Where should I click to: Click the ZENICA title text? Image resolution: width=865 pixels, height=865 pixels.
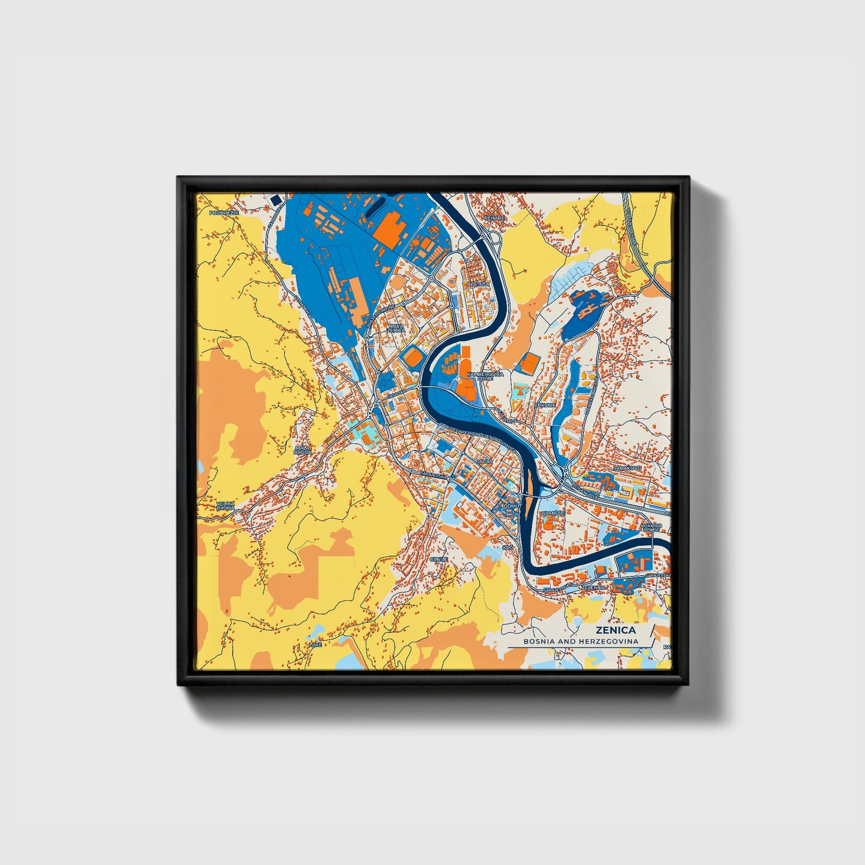[x=615, y=630]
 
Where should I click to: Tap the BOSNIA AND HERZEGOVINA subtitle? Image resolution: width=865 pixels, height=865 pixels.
[x=580, y=641]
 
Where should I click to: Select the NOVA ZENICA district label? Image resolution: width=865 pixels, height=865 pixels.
[x=396, y=328]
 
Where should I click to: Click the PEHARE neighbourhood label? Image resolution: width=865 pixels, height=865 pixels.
[x=495, y=218]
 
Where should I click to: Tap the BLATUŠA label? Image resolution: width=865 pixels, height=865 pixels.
[x=478, y=284]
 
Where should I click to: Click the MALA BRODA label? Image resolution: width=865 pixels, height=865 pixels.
[x=303, y=450]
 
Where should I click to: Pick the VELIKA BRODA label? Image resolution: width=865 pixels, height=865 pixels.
[x=226, y=506]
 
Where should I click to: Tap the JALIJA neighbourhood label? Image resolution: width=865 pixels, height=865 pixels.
[x=485, y=462]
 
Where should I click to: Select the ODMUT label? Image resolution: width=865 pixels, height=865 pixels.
[x=513, y=506]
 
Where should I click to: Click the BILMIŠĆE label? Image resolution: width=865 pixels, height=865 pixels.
[x=551, y=514]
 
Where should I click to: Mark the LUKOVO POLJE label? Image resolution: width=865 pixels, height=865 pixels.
[x=651, y=528]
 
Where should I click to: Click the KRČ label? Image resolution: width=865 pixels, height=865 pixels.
[x=508, y=548]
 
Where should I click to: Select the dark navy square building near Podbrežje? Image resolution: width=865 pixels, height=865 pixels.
[x=275, y=200]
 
